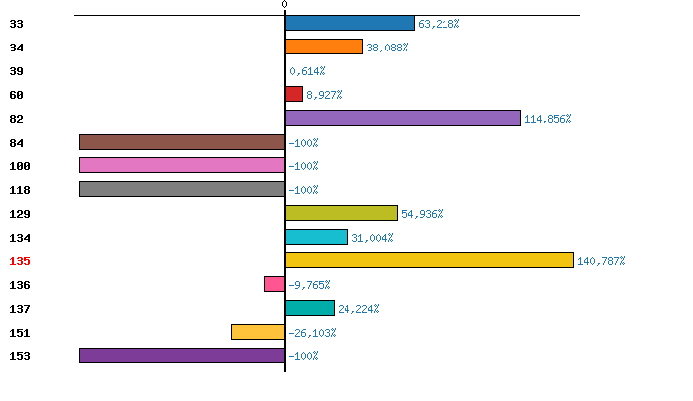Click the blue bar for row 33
point(349,23)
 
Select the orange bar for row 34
point(324,47)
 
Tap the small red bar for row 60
point(294,94)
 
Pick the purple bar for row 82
point(403,118)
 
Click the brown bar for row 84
point(182,142)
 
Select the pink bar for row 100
point(182,165)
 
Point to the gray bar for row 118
point(182,189)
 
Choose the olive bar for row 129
point(342,213)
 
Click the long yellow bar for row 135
point(430,260)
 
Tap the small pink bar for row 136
point(275,284)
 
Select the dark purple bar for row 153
point(182,355)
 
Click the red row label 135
point(20,261)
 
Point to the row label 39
point(17,71)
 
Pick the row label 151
point(20,333)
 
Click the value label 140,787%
point(601,261)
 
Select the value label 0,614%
point(307,71)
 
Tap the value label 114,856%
point(547,119)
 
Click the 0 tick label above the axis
point(284,5)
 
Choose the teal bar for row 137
point(310,308)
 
